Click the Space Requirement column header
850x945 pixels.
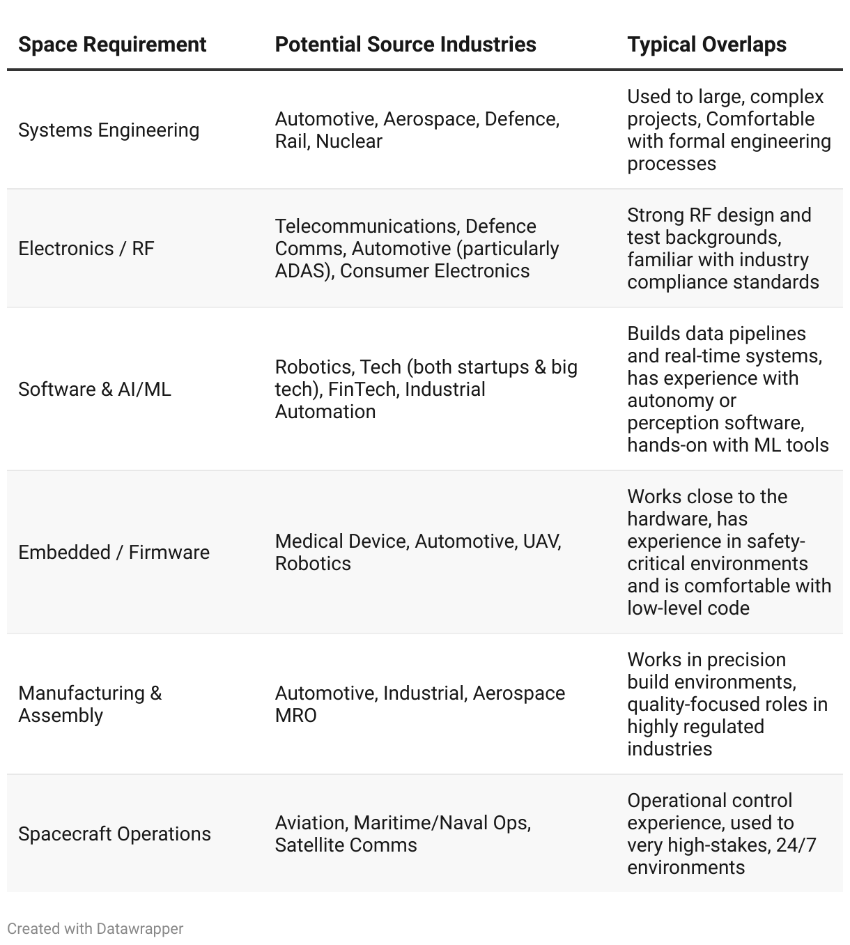tap(112, 45)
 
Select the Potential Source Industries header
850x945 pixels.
tap(405, 45)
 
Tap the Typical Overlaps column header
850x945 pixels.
tap(706, 45)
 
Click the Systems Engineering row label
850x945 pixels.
tap(109, 130)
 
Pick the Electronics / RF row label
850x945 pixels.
tap(86, 249)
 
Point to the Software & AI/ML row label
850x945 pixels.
tap(94, 390)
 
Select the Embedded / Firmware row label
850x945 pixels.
tap(114, 553)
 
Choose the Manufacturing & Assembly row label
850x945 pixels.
tap(90, 704)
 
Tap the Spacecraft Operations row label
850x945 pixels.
tap(114, 834)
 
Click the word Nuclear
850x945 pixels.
tap(349, 141)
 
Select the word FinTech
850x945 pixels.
tap(362, 390)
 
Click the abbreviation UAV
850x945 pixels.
tap(542, 541)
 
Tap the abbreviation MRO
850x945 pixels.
tap(295, 716)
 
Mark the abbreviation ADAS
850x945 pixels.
tap(301, 271)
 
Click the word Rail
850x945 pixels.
tap(291, 141)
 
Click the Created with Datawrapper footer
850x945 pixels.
tap(95, 929)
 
